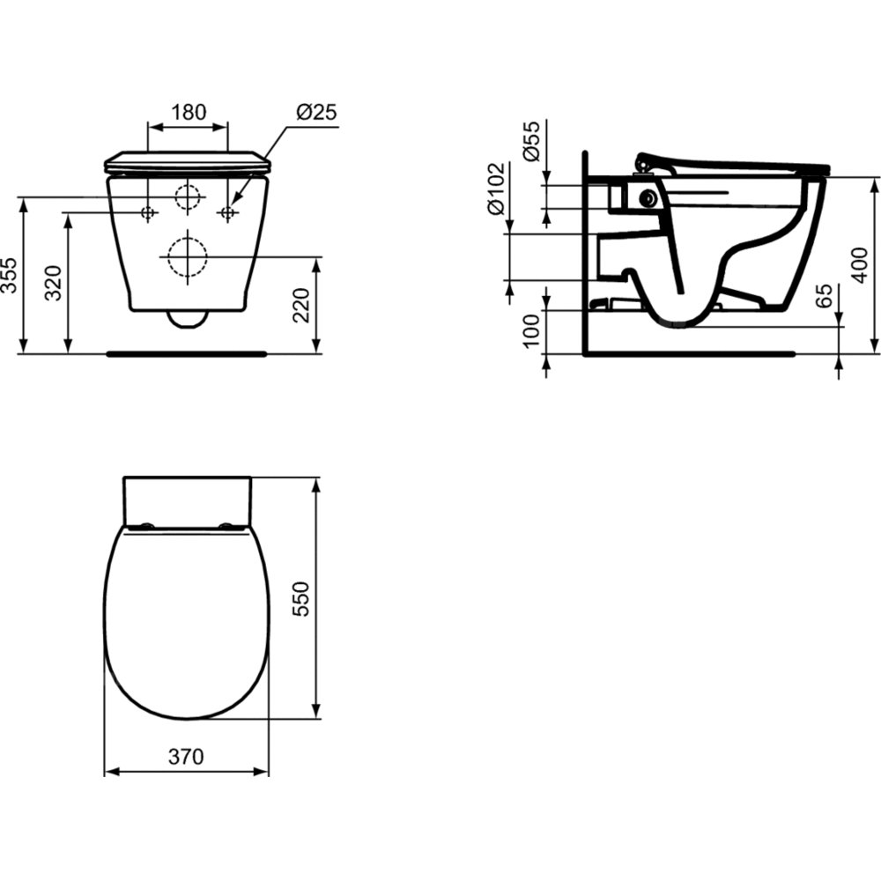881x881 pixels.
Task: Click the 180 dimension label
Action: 189,112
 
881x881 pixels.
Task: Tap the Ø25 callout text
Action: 316,112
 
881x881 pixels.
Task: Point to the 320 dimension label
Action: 54,283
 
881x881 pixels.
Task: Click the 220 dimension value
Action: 302,305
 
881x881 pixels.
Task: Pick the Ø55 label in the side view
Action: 530,140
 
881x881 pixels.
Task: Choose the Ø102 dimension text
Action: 497,189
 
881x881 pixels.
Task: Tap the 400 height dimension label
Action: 860,265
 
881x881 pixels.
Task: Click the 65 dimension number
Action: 823,296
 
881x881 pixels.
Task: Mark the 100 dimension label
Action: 530,331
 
